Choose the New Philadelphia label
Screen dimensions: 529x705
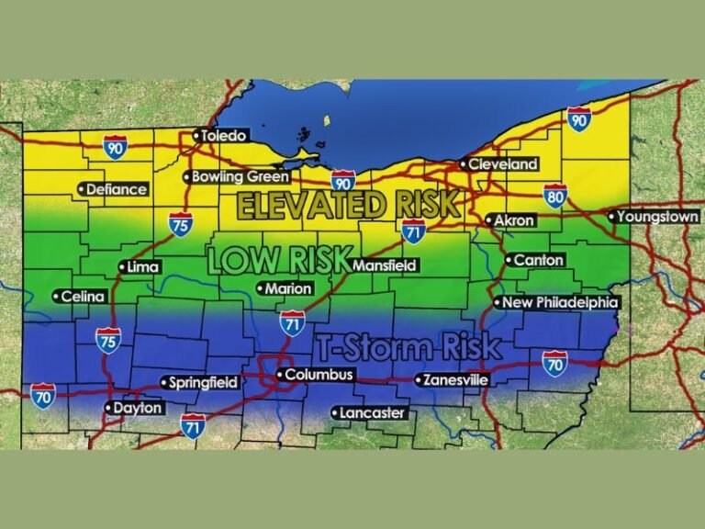[556, 302]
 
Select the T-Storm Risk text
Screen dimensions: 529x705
[409, 347]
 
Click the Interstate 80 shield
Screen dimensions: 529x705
[554, 195]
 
